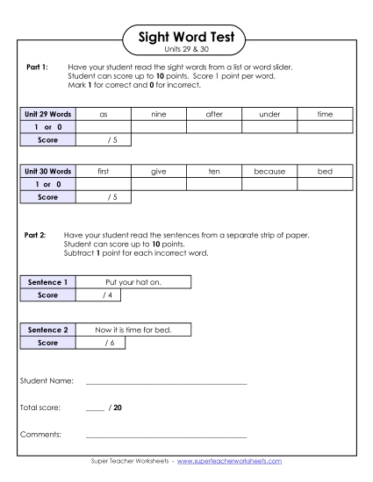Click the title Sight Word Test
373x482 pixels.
[186, 35]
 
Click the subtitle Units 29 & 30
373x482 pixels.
[186, 50]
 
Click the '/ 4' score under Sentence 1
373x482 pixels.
[98, 295]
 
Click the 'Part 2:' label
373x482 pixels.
[36, 236]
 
